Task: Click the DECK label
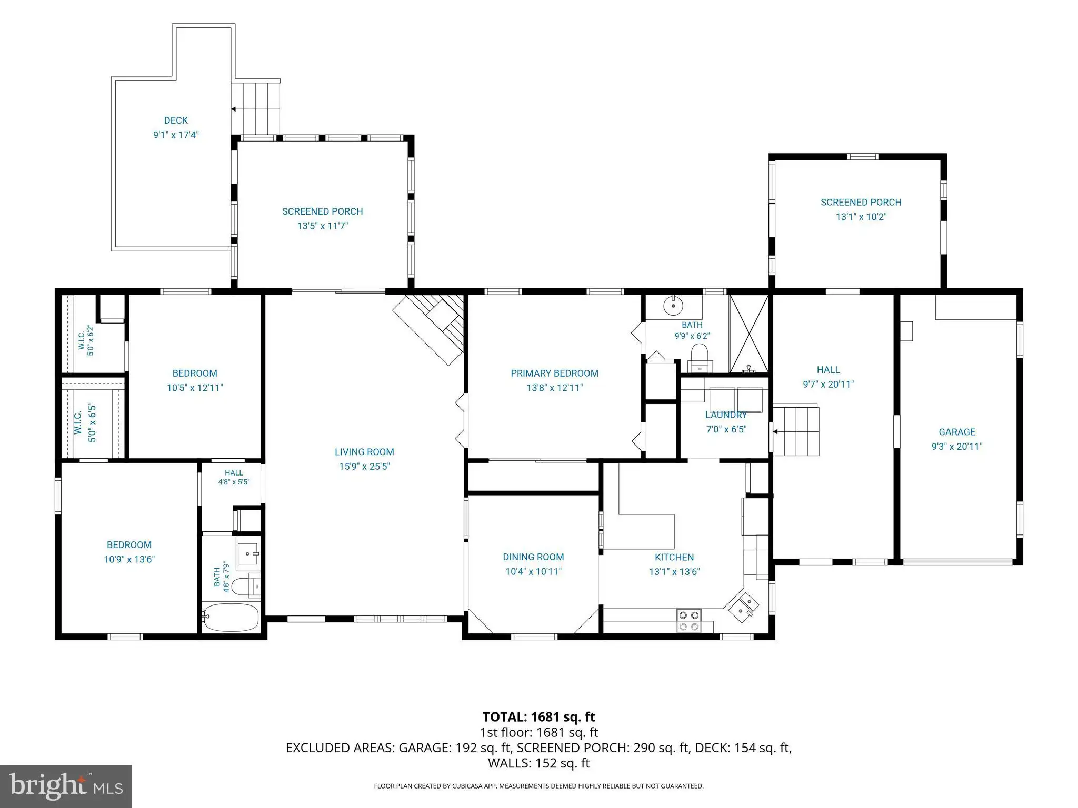(x=176, y=120)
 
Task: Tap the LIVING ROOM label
(x=364, y=452)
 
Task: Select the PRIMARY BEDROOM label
(x=554, y=373)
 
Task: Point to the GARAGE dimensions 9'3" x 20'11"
(x=957, y=447)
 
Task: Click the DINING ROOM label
(x=533, y=557)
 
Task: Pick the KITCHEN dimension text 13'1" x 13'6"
(x=674, y=572)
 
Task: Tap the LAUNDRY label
(x=726, y=415)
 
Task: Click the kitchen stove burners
(x=689, y=621)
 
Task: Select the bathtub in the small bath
(x=231, y=618)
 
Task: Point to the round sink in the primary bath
(x=673, y=306)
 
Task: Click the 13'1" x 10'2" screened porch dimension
(x=861, y=217)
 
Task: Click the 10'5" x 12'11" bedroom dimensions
(x=195, y=388)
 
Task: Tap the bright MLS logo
(x=66, y=786)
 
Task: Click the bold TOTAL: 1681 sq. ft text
(x=538, y=717)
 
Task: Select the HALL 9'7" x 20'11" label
(x=828, y=377)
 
